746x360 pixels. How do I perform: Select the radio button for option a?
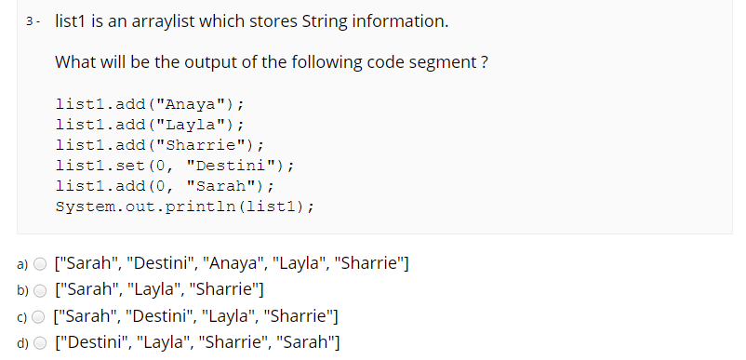point(40,263)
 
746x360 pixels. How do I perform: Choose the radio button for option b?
point(40,289)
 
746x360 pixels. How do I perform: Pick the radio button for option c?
point(40,315)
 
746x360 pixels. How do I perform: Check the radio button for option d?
point(40,341)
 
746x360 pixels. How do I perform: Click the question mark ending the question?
point(485,63)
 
